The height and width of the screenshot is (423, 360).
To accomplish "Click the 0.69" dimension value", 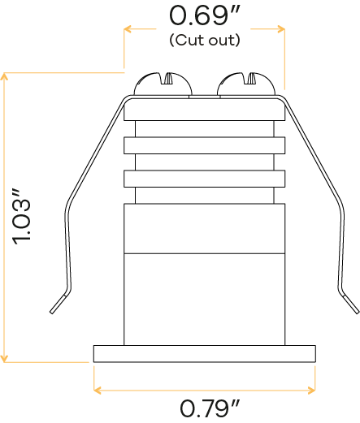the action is (x=205, y=15).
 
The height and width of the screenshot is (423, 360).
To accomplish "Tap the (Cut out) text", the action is (x=205, y=40).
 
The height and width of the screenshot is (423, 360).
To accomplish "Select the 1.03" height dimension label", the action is (x=22, y=218).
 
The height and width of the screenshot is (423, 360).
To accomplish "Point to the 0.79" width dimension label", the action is (x=210, y=408).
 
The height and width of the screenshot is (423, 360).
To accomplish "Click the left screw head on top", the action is (x=163, y=84).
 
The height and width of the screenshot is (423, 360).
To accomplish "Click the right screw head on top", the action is (x=246, y=84).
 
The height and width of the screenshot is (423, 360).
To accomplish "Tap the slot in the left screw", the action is (x=168, y=78).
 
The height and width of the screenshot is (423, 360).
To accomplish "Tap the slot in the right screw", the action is (x=251, y=78).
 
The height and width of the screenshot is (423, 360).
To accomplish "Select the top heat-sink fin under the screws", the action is (x=205, y=110).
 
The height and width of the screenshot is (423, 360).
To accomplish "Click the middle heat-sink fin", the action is (x=205, y=145).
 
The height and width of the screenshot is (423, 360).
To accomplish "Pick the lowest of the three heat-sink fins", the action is (x=205, y=179).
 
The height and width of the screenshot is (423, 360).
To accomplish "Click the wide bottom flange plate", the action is (x=205, y=354).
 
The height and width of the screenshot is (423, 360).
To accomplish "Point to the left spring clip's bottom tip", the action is (x=51, y=312).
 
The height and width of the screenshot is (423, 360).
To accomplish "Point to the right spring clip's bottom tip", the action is (x=358, y=312).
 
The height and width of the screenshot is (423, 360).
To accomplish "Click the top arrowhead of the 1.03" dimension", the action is (x=4, y=76).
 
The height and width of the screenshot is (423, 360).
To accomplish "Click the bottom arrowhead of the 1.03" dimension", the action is (x=4, y=359).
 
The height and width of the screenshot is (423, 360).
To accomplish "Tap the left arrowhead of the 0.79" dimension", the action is (x=97, y=391).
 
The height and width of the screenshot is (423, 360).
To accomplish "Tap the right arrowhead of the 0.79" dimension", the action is (x=312, y=391).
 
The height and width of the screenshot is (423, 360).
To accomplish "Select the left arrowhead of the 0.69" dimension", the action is (x=128, y=29).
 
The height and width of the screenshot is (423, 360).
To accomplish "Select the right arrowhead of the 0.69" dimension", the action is (x=281, y=29).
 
